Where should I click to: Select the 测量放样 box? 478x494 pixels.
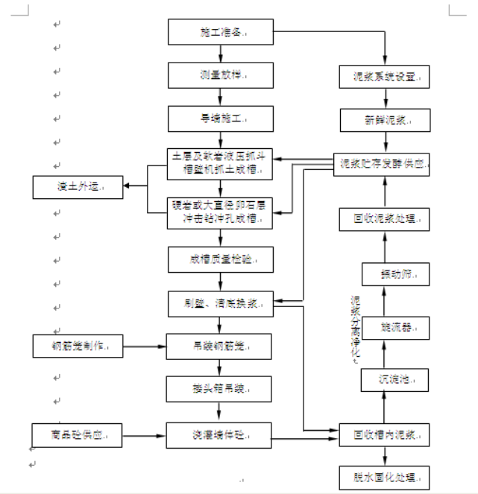pyautogui.click(x=220, y=75)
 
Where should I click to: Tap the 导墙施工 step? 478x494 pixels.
pyautogui.click(x=220, y=118)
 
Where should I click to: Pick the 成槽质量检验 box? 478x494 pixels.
pyautogui.click(x=220, y=259)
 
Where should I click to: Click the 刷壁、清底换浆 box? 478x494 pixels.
pyautogui.click(x=220, y=303)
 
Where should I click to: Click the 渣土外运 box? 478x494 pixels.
pyautogui.click(x=78, y=186)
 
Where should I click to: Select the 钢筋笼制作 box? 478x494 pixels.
pyautogui.click(x=78, y=346)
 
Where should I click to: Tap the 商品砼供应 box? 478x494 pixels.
pyautogui.click(x=77, y=434)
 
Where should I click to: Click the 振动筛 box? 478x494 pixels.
pyautogui.click(x=396, y=273)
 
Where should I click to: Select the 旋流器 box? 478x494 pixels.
pyautogui.click(x=396, y=326)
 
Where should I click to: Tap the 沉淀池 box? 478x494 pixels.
pyautogui.click(x=394, y=379)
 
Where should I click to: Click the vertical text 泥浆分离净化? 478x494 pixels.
pyautogui.click(x=356, y=328)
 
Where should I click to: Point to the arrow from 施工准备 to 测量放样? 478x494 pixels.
pyautogui.click(x=220, y=54)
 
